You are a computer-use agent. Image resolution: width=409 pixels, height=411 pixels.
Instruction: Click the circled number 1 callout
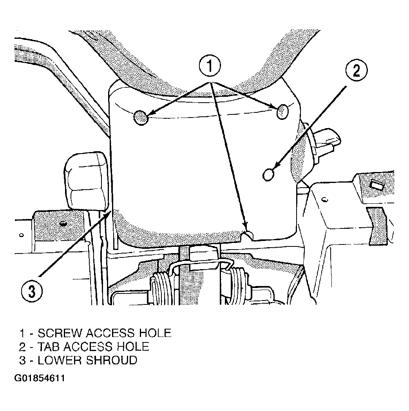(x=210, y=65)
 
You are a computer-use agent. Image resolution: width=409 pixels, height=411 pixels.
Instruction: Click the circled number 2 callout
(x=357, y=70)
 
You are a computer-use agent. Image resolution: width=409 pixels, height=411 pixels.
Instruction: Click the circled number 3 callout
(x=32, y=291)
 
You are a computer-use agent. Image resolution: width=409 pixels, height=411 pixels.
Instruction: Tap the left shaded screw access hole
(x=141, y=118)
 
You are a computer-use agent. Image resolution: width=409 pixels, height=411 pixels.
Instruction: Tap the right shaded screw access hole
(x=282, y=111)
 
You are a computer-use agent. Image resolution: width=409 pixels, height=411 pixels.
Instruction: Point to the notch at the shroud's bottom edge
(x=249, y=235)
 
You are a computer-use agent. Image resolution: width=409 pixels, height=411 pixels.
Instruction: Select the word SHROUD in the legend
(x=112, y=360)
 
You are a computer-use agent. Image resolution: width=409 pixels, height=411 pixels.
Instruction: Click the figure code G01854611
(x=39, y=378)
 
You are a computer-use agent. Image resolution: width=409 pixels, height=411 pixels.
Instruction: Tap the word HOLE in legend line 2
(x=133, y=346)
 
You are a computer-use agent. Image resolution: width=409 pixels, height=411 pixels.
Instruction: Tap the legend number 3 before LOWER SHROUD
(x=23, y=360)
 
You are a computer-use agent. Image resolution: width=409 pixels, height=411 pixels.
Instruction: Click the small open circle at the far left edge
(x=22, y=235)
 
